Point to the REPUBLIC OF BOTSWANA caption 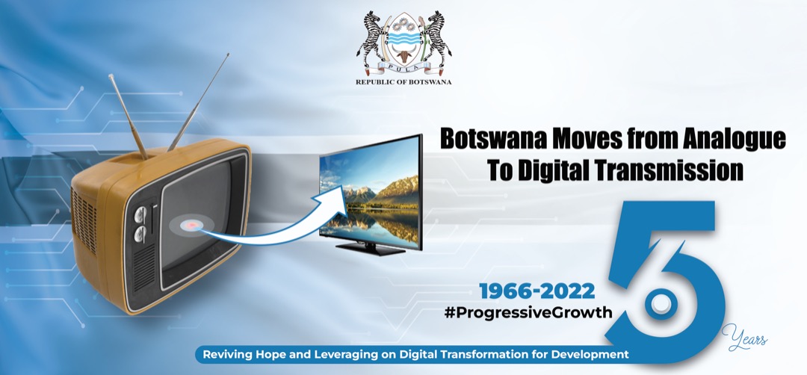403,81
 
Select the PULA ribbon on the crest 403,67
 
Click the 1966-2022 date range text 537,291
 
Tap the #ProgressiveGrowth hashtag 528,312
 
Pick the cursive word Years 744,338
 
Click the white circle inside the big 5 660,304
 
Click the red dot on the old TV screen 193,226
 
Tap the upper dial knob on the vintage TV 140,215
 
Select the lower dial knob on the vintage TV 140,235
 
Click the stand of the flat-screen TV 370,249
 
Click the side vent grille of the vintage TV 83,219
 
